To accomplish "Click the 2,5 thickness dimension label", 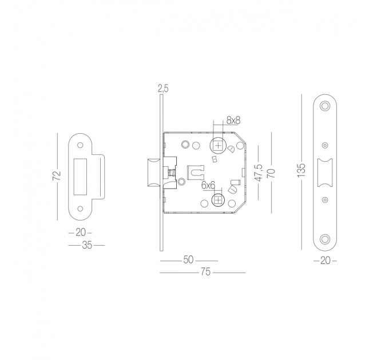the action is pos(163,88).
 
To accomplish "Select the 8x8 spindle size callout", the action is pos(233,121).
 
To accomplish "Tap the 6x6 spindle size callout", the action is pos(208,185).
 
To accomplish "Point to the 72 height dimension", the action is pos(57,175).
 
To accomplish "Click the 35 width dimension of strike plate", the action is pos(87,245).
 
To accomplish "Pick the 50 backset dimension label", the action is pos(188,259).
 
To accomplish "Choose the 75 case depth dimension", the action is pos(205,272).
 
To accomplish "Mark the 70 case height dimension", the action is pos(271,173).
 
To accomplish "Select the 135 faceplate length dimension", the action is pos(301,170).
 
